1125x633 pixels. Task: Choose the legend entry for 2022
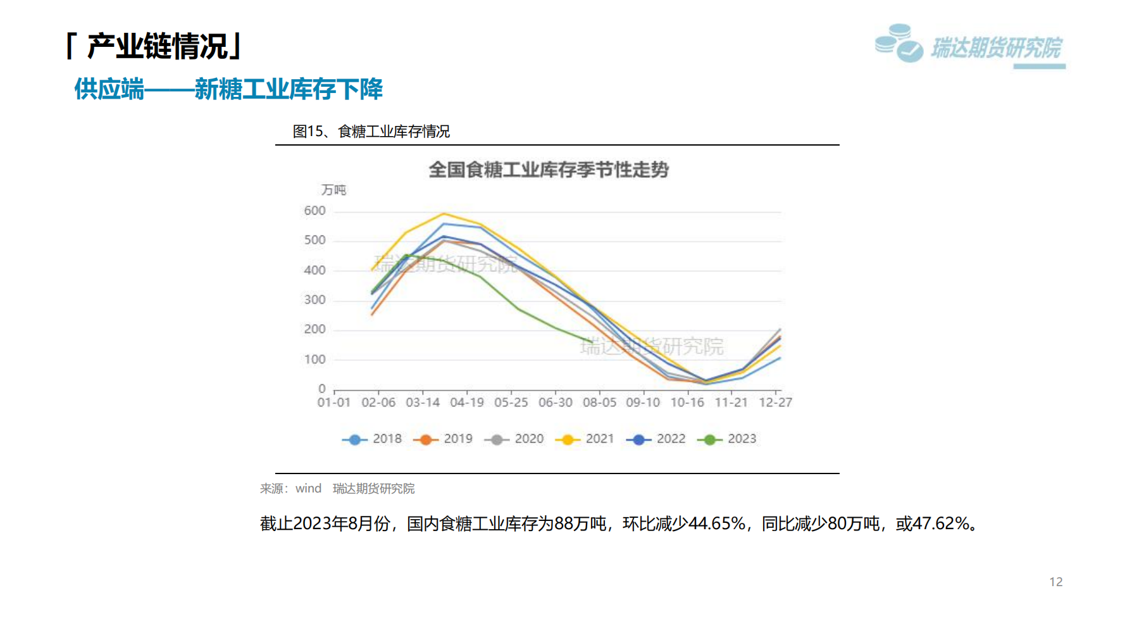pyautogui.click(x=656, y=439)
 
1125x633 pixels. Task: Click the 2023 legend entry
pyautogui.click(x=727, y=439)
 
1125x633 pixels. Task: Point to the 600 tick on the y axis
pyautogui.click(x=314, y=211)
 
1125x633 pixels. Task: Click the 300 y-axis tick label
pyautogui.click(x=314, y=300)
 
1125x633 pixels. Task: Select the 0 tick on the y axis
pyautogui.click(x=322, y=389)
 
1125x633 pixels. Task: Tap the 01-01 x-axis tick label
pyautogui.click(x=334, y=403)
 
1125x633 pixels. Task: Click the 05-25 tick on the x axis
pyautogui.click(x=511, y=403)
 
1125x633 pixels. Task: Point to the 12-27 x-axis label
pyautogui.click(x=776, y=403)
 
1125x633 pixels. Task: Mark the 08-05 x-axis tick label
pyautogui.click(x=599, y=403)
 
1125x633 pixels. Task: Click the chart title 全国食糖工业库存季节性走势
pyautogui.click(x=549, y=170)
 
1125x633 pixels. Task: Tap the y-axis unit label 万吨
pyautogui.click(x=333, y=190)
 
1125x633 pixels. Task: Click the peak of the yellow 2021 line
pyautogui.click(x=444, y=214)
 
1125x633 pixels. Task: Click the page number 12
pyautogui.click(x=1056, y=582)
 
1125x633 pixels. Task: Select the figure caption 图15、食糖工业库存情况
pyautogui.click(x=371, y=132)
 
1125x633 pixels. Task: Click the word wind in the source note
pyautogui.click(x=309, y=489)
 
